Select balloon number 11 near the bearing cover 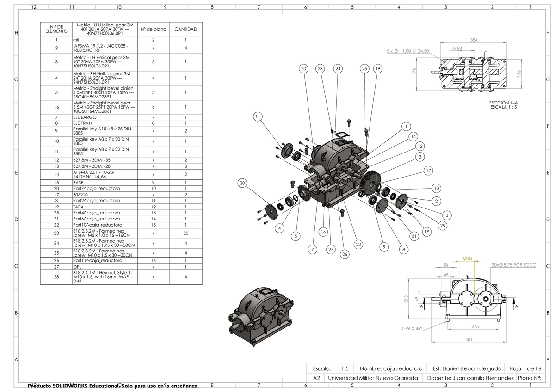click(x=258, y=116)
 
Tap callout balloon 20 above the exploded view click(x=303, y=69)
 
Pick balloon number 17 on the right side click(x=428, y=171)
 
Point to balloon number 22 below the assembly click(x=358, y=244)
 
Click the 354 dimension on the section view click(x=473, y=41)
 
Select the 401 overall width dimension click(x=469, y=340)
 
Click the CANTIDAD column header click(x=185, y=29)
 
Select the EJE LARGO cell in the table click(x=85, y=117)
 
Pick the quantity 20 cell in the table click(x=185, y=233)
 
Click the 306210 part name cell click(x=81, y=195)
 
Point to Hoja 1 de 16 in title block click(x=525, y=368)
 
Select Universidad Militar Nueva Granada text click(x=373, y=378)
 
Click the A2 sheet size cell click(x=317, y=378)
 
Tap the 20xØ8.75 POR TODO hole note click(x=514, y=265)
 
